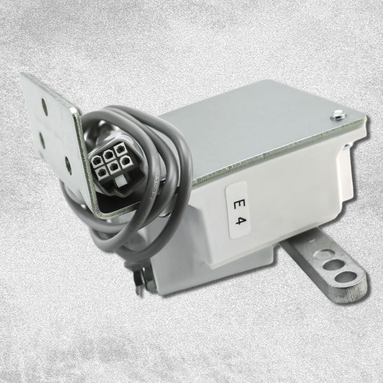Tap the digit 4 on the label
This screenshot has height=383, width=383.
click(x=238, y=221)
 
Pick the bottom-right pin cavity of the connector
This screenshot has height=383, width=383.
click(x=125, y=162)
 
